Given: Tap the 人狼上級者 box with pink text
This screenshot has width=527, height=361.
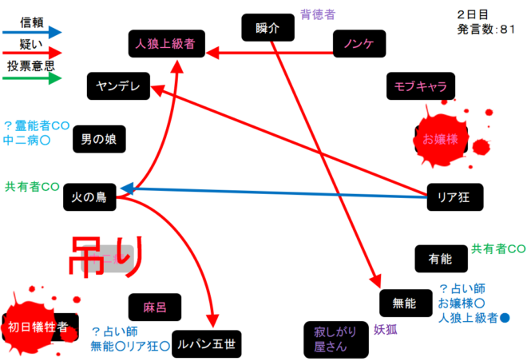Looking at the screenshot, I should tap(166, 43).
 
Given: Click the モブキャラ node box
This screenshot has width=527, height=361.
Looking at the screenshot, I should tap(420, 86).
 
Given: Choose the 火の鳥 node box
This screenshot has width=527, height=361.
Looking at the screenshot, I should tap(89, 196).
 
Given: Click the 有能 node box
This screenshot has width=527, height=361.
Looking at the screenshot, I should tap(440, 259).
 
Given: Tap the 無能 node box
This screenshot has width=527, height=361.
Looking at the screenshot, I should tap(405, 303).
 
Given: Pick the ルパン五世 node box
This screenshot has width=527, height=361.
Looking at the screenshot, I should tap(206, 343).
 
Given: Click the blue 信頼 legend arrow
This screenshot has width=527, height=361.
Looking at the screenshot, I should tap(33, 33).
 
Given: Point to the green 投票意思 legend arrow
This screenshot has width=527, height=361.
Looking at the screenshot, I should tap(33, 78).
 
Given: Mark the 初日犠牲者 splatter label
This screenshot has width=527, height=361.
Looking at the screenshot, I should tap(38, 326).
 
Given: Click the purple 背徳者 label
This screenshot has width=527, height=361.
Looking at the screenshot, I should tap(318, 13).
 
